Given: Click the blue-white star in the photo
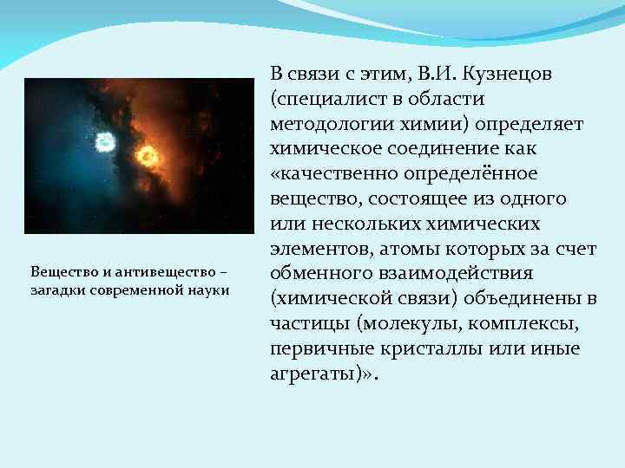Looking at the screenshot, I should pyautogui.click(x=105, y=141).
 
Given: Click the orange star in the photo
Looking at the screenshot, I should pyautogui.click(x=147, y=156).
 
